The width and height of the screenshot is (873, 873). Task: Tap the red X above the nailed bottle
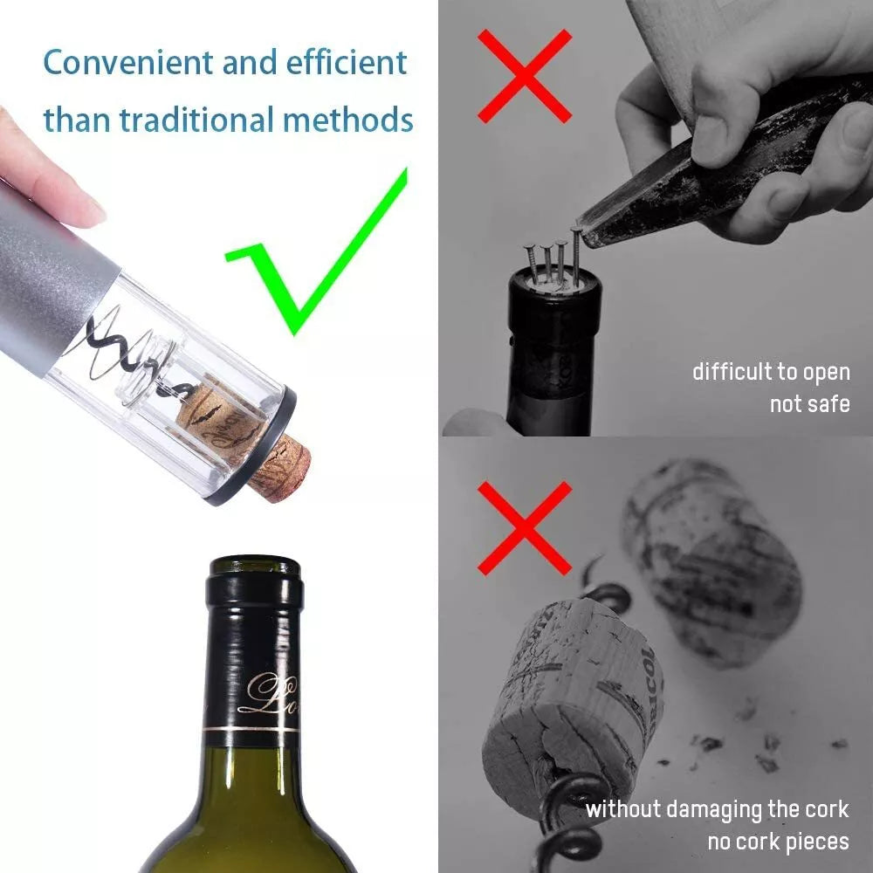pyautogui.click(x=524, y=76)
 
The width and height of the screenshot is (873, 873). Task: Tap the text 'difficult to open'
pyautogui.click(x=770, y=372)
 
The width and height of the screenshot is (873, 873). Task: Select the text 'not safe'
pyautogui.click(x=808, y=404)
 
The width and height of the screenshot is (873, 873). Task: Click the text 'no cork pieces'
pyautogui.click(x=777, y=842)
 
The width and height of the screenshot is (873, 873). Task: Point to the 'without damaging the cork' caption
pyautogui.click(x=716, y=809)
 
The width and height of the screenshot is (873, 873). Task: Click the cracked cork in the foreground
pyautogui.click(x=572, y=690)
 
